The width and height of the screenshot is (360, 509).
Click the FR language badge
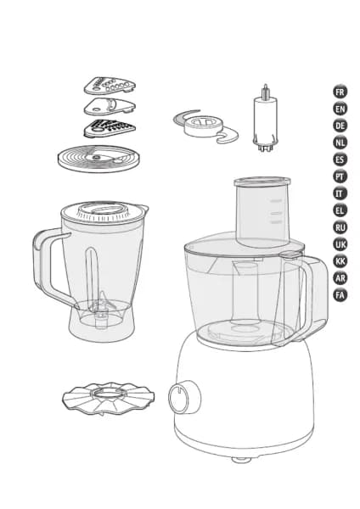click(340, 92)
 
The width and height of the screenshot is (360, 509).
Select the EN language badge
click(340, 109)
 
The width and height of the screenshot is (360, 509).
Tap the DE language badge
click(340, 126)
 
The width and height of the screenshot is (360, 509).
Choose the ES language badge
click(340, 159)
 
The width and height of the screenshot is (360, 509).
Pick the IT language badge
click(340, 193)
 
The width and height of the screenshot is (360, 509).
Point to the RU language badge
click(340, 227)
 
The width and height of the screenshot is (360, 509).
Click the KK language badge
click(340, 261)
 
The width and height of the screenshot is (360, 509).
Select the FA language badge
click(340, 295)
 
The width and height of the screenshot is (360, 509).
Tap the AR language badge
click(340, 278)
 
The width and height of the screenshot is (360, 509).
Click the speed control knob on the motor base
click(184, 397)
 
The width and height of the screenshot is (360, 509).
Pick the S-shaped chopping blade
click(205, 126)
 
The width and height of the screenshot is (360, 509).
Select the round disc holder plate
click(98, 159)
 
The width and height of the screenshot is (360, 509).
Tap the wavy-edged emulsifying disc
click(108, 399)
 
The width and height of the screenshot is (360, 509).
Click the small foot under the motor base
click(241, 459)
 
